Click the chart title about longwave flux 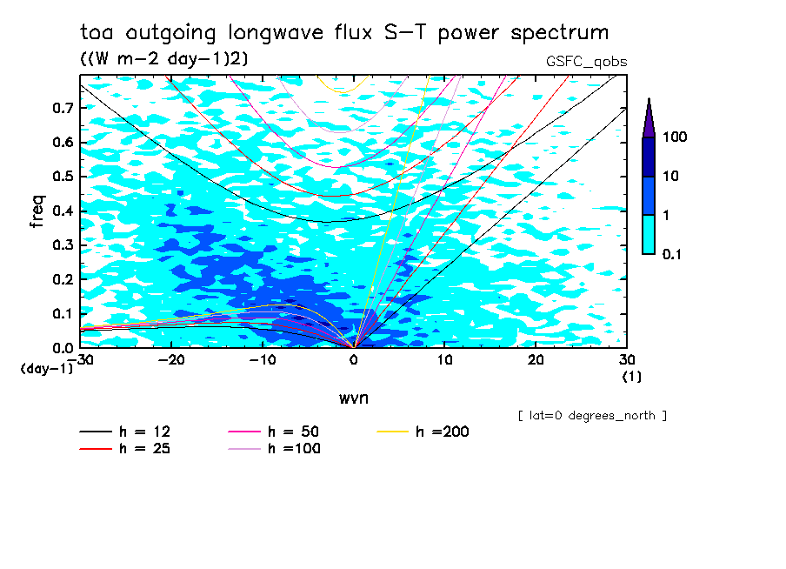tap(344, 33)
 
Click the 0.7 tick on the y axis tap(63, 108)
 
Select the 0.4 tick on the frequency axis tap(63, 211)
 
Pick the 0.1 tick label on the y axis tap(63, 313)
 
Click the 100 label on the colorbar tap(675, 137)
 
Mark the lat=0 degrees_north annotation tap(592, 416)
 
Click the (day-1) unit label tap(46, 369)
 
